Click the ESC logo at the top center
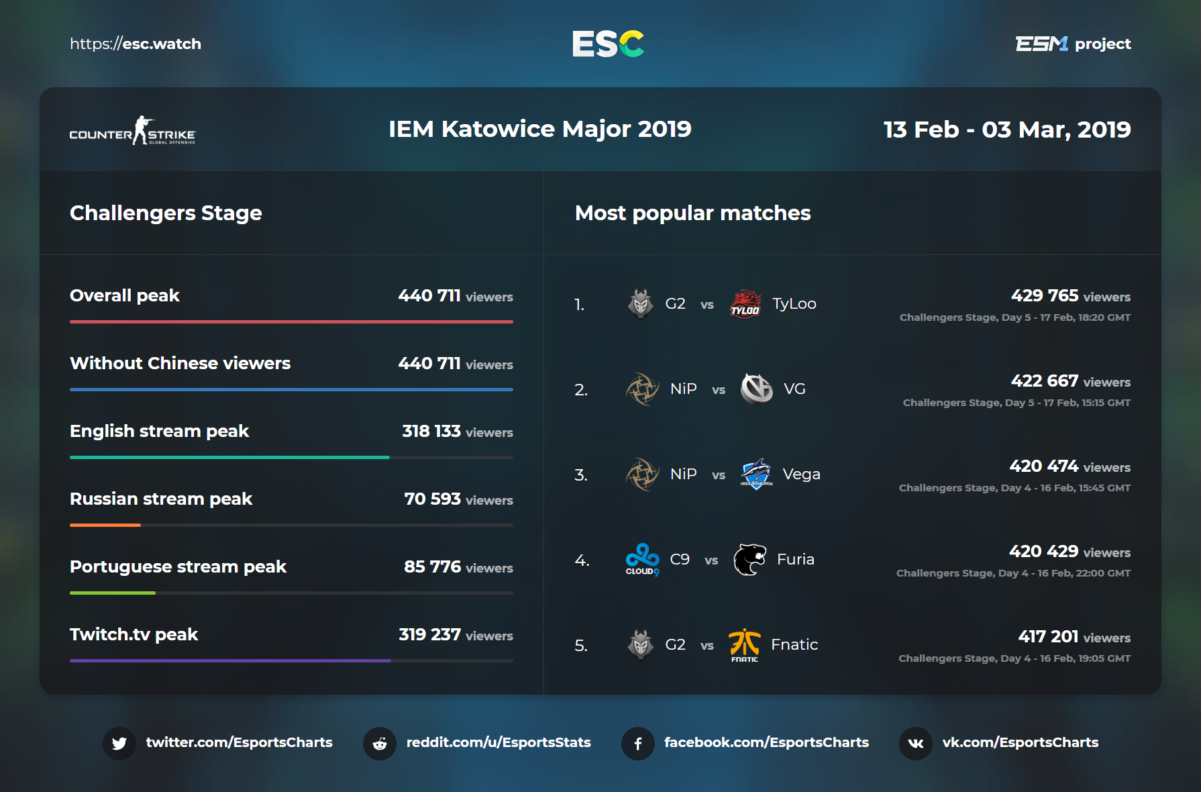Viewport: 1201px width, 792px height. point(608,44)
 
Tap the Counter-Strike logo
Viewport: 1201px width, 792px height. point(132,130)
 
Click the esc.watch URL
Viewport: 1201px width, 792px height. point(136,44)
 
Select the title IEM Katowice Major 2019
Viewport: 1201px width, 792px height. point(539,129)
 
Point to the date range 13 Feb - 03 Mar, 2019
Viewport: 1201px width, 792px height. point(1006,130)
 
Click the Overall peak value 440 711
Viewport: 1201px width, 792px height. point(429,296)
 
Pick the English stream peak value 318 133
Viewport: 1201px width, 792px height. point(431,432)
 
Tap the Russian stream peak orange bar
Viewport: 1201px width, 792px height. point(105,525)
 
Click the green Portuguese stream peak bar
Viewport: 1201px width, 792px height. point(113,593)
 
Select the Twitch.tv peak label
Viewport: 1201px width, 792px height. point(134,635)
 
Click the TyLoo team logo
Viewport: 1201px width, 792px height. point(745,303)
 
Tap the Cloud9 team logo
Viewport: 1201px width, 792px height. point(642,559)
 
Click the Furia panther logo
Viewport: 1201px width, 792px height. point(749,560)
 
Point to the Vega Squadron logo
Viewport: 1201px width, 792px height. point(756,474)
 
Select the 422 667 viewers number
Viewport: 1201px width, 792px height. point(1045,381)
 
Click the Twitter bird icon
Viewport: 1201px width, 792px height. point(119,744)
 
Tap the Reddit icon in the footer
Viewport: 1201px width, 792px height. point(380,744)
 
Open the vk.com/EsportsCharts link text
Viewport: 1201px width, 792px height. point(1020,742)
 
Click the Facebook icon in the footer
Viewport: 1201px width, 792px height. point(638,744)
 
